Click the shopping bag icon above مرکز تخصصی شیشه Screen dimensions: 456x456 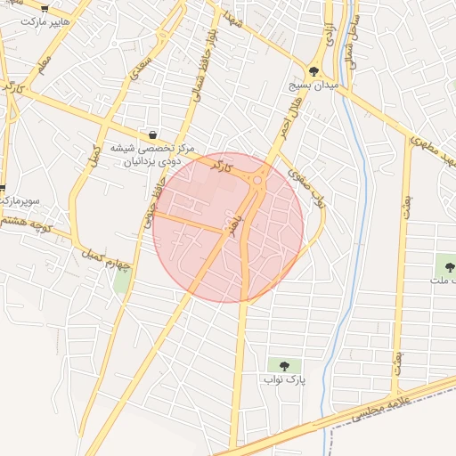pos(153,134)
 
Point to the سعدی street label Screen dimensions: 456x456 pos(141,67)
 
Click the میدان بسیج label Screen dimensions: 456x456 pos(313,85)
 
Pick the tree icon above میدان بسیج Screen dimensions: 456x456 pos(313,71)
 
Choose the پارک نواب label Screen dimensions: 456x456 pos(284,379)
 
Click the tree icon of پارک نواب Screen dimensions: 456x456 pos(284,365)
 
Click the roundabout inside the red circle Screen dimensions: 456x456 pos(257,180)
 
